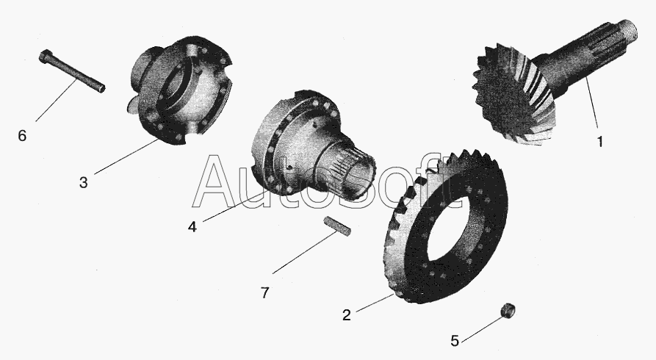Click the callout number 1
(x=599, y=142)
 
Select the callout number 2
(x=347, y=314)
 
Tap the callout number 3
(x=84, y=182)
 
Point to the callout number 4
(x=192, y=226)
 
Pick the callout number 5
(x=455, y=341)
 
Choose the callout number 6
(x=22, y=135)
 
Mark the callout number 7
(x=265, y=292)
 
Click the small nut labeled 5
(x=508, y=311)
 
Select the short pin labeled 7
(x=336, y=226)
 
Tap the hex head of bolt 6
(x=46, y=57)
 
